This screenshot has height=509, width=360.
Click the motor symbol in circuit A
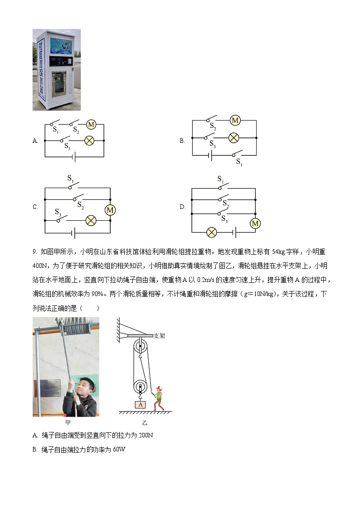[91, 125]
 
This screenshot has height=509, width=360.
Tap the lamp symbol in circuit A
[89, 141]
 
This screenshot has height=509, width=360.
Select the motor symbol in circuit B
[235, 120]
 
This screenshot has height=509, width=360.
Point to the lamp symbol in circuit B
[234, 137]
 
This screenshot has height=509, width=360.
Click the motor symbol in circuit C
[110, 210]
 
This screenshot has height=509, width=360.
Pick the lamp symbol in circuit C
[91, 221]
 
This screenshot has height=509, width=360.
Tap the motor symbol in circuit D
[255, 223]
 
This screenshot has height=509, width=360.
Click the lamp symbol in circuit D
[211, 233]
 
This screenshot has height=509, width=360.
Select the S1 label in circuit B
[238, 162]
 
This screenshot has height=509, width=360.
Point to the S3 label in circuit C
[58, 212]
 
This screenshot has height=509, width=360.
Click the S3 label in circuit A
[67, 146]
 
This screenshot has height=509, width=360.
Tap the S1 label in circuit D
[220, 179]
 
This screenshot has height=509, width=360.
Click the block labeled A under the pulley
[141, 404]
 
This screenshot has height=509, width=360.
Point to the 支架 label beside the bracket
[159, 336]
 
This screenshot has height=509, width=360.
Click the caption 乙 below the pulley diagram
[145, 422]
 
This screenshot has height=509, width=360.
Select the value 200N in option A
[146, 436]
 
